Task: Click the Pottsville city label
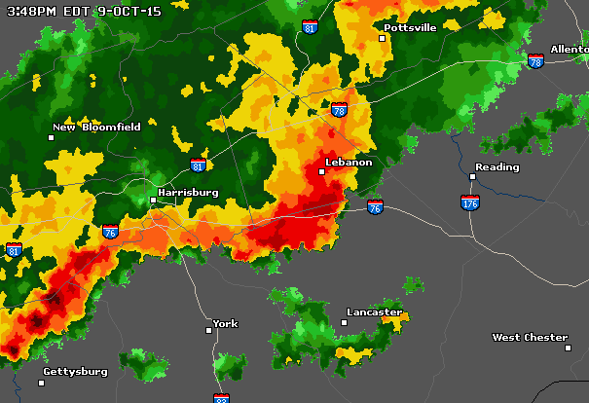click(412, 28)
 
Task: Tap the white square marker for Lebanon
click(321, 171)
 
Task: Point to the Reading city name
click(497, 166)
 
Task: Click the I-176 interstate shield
click(470, 202)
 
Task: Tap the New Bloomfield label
click(97, 127)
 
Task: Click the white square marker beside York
click(208, 330)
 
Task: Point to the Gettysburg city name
click(76, 371)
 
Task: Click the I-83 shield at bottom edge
click(222, 398)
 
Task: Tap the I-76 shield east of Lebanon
click(376, 206)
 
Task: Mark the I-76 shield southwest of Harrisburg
click(110, 232)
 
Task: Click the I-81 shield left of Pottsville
click(310, 27)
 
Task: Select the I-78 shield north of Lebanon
click(338, 110)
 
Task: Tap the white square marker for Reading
click(473, 176)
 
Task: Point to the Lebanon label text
click(350, 162)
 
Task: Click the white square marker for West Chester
click(567, 347)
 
